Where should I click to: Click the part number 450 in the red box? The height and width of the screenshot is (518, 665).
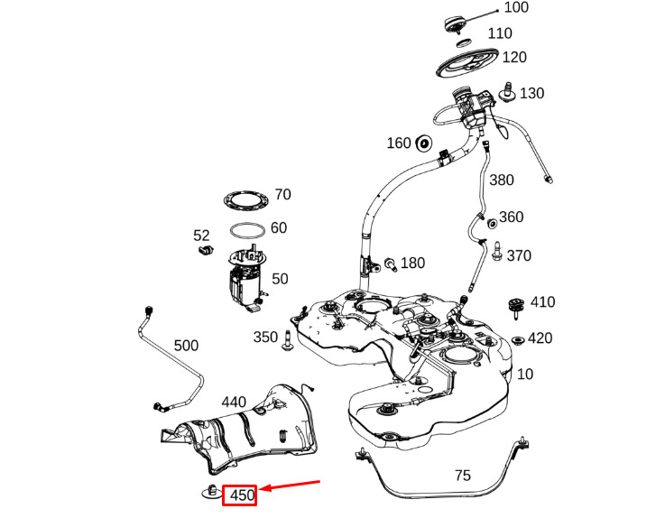(242, 495)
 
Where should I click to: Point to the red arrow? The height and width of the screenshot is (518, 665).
(290, 485)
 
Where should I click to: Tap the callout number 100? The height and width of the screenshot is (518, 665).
(516, 7)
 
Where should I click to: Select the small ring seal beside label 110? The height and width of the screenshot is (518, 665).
(465, 42)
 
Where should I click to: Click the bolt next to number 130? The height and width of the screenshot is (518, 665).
(508, 92)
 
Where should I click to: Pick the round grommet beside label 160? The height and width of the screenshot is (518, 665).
(424, 143)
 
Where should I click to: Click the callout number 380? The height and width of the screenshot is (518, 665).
(502, 180)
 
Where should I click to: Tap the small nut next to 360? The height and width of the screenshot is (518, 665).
(492, 224)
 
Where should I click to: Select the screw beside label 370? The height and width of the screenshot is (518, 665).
(497, 251)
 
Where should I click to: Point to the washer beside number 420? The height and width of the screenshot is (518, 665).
(517, 340)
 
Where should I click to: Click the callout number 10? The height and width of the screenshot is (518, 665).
(524, 375)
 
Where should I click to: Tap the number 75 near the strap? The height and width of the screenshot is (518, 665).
(463, 476)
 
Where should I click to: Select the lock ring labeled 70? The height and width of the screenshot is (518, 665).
(246, 200)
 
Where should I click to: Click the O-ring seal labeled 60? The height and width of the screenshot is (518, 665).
(247, 230)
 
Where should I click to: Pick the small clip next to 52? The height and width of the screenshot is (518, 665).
(206, 250)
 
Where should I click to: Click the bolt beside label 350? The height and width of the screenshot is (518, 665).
(288, 340)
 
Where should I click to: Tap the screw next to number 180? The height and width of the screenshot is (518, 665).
(391, 264)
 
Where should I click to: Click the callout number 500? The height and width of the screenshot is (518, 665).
(186, 346)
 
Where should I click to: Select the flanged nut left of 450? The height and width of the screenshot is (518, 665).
(211, 491)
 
